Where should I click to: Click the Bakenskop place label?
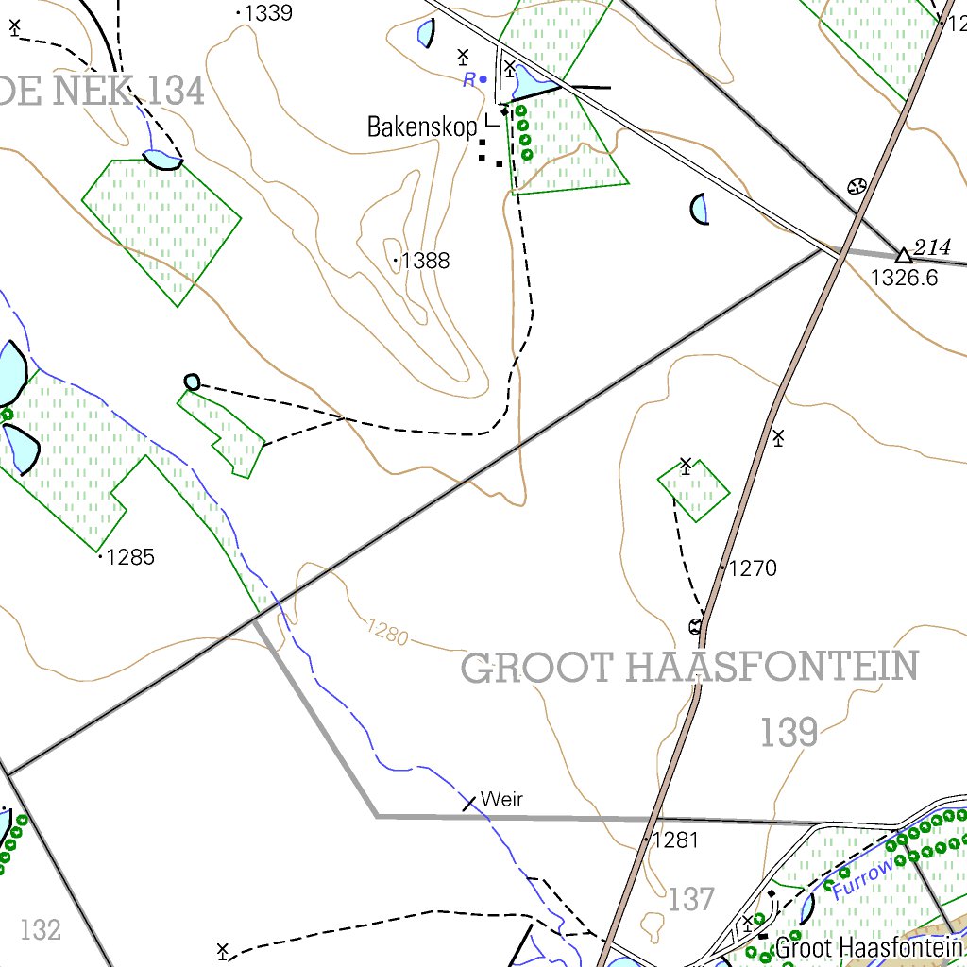tap(422, 127)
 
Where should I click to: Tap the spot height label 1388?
tap(425, 261)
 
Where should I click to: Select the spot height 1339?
tap(267, 13)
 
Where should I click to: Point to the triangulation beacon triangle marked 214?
tap(904, 255)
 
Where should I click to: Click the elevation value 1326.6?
tap(904, 278)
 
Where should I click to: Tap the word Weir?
tap(501, 800)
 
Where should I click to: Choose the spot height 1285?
tap(130, 557)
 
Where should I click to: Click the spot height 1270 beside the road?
tap(753, 568)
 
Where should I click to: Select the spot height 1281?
tap(675, 840)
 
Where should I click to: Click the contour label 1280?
tap(386, 632)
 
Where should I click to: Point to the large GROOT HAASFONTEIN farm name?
tap(689, 668)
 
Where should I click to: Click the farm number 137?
tap(691, 900)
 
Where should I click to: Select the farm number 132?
tap(41, 930)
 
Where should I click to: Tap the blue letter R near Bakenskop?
tap(469, 81)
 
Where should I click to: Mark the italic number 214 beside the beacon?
tap(932, 248)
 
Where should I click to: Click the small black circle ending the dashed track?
tap(192, 382)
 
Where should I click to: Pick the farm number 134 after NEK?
tap(176, 92)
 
